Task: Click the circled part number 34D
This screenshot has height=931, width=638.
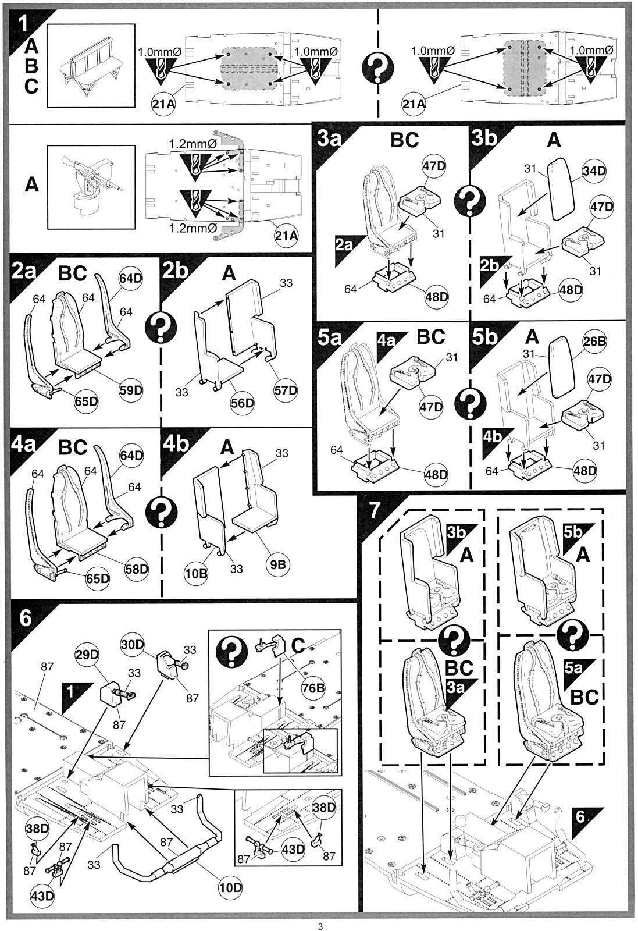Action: [594, 171]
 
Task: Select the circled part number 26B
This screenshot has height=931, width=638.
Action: [594, 342]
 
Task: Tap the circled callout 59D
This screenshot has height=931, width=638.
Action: [131, 390]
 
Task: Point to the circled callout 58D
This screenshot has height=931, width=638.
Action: [137, 569]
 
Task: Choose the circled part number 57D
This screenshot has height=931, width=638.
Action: [286, 390]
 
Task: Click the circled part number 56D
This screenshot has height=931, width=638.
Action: [243, 403]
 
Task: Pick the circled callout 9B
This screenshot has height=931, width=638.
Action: [278, 565]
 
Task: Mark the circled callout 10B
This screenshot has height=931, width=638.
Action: [196, 574]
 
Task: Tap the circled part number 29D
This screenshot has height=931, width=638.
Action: [87, 655]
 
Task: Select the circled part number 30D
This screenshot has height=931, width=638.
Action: [133, 645]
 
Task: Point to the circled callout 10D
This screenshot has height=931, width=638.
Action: [230, 888]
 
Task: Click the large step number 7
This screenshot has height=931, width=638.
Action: [375, 510]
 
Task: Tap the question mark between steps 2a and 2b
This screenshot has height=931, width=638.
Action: [161, 328]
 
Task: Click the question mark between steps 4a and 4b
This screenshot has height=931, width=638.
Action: [161, 511]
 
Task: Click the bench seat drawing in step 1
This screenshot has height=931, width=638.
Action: [91, 66]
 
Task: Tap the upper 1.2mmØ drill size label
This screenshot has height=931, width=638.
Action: [193, 144]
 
